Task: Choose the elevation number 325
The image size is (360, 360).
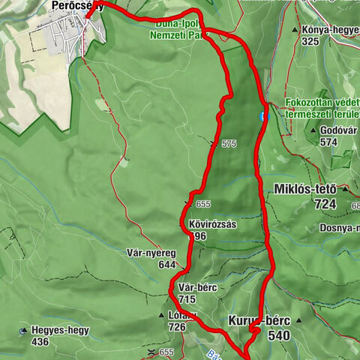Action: coord(309,41)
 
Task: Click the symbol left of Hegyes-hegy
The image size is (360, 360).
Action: coord(25,331)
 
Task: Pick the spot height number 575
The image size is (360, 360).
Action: coord(229,144)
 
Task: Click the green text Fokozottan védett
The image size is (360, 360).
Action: coord(320,103)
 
